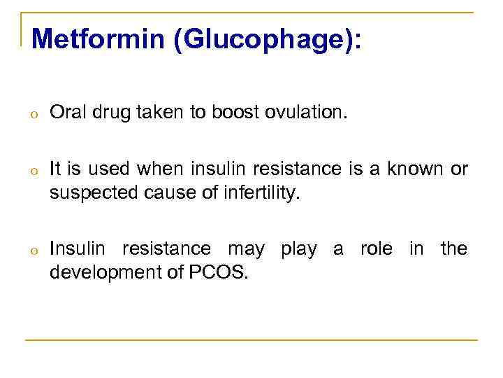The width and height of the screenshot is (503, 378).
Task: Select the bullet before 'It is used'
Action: click(33, 170)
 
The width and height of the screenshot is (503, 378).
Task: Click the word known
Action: click(411, 169)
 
